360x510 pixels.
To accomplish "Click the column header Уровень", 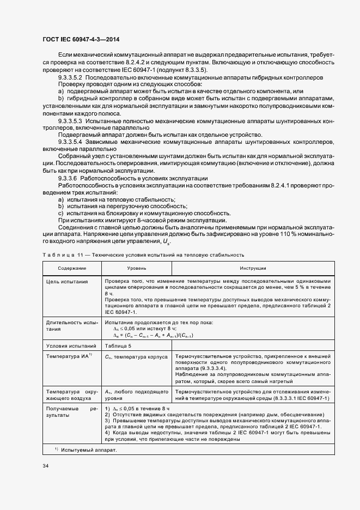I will point(136,269).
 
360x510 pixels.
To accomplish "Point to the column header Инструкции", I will point(253,269).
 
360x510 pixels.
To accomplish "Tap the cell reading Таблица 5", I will point(119,345).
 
